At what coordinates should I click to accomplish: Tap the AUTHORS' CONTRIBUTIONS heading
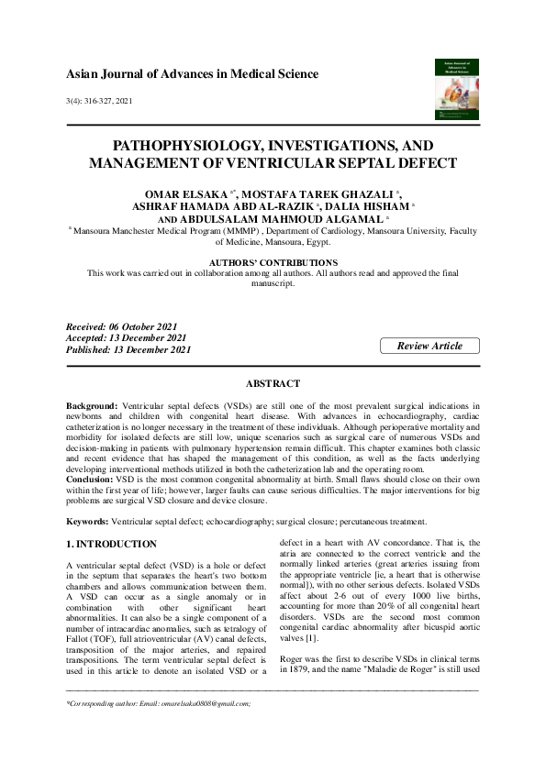tap(273, 262)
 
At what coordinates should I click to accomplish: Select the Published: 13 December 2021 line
tap(128, 349)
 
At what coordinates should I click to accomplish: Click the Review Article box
tap(429, 346)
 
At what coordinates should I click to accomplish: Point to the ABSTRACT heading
tap(273, 383)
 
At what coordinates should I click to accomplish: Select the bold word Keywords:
tap(87, 521)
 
